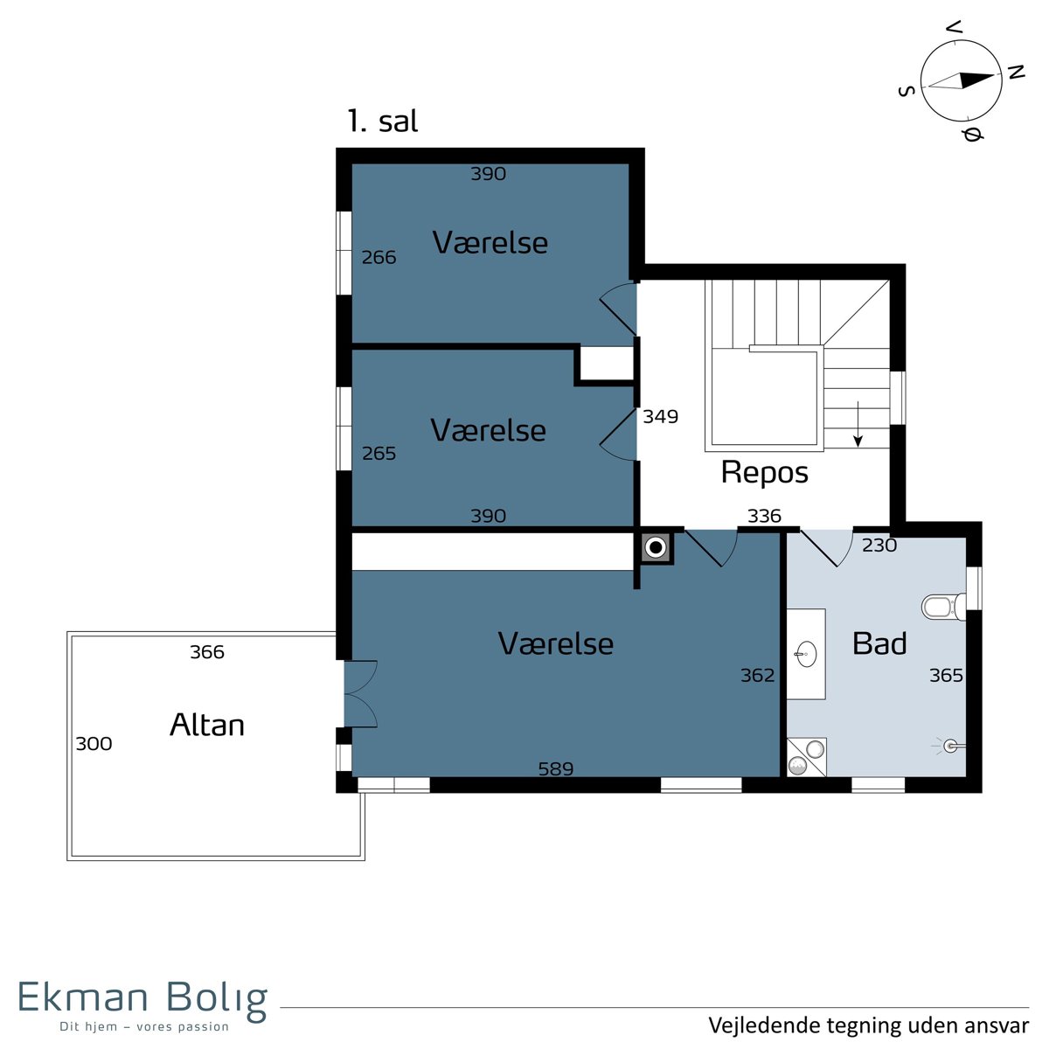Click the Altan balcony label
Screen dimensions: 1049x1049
207,725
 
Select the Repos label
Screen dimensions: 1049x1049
764,472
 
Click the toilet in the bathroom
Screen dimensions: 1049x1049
944,607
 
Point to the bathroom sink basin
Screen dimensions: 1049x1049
806,653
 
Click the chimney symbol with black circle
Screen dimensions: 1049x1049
657,547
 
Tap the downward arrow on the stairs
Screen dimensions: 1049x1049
858,424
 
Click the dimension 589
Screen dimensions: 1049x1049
556,768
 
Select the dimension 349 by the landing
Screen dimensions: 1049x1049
660,416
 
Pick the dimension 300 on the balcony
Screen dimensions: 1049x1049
94,744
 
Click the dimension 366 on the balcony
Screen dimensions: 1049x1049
207,652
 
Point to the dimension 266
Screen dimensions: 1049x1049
379,257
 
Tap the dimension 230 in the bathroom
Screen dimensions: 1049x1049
879,545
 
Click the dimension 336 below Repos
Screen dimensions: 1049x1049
764,516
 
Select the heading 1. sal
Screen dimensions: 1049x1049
383,121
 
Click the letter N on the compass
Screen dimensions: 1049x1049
1016,72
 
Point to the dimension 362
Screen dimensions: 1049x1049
757,675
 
